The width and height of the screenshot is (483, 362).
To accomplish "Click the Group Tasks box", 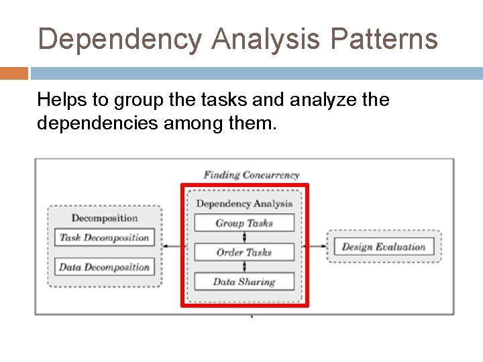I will (x=244, y=223).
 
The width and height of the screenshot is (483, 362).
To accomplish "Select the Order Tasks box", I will (x=244, y=252).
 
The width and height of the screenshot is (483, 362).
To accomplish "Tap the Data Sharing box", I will (x=244, y=282).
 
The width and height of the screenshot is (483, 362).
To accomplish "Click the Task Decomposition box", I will (x=104, y=237).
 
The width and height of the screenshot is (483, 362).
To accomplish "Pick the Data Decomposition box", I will (x=104, y=267).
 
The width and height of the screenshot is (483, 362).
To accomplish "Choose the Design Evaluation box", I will (x=384, y=246).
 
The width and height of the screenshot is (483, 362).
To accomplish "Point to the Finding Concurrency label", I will (x=252, y=175).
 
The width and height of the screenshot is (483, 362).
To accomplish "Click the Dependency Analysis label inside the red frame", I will (x=244, y=203).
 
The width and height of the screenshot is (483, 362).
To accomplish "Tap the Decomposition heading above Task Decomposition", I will (x=105, y=218).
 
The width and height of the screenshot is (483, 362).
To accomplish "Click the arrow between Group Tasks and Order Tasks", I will (x=244, y=237).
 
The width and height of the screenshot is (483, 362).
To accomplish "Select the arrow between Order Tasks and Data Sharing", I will (x=244, y=267).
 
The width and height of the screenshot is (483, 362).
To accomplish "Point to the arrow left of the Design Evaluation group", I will (x=315, y=246).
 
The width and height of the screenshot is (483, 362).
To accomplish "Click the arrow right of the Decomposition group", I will (x=173, y=246).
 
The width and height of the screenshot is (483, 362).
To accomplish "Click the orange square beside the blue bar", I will (x=13, y=73).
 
